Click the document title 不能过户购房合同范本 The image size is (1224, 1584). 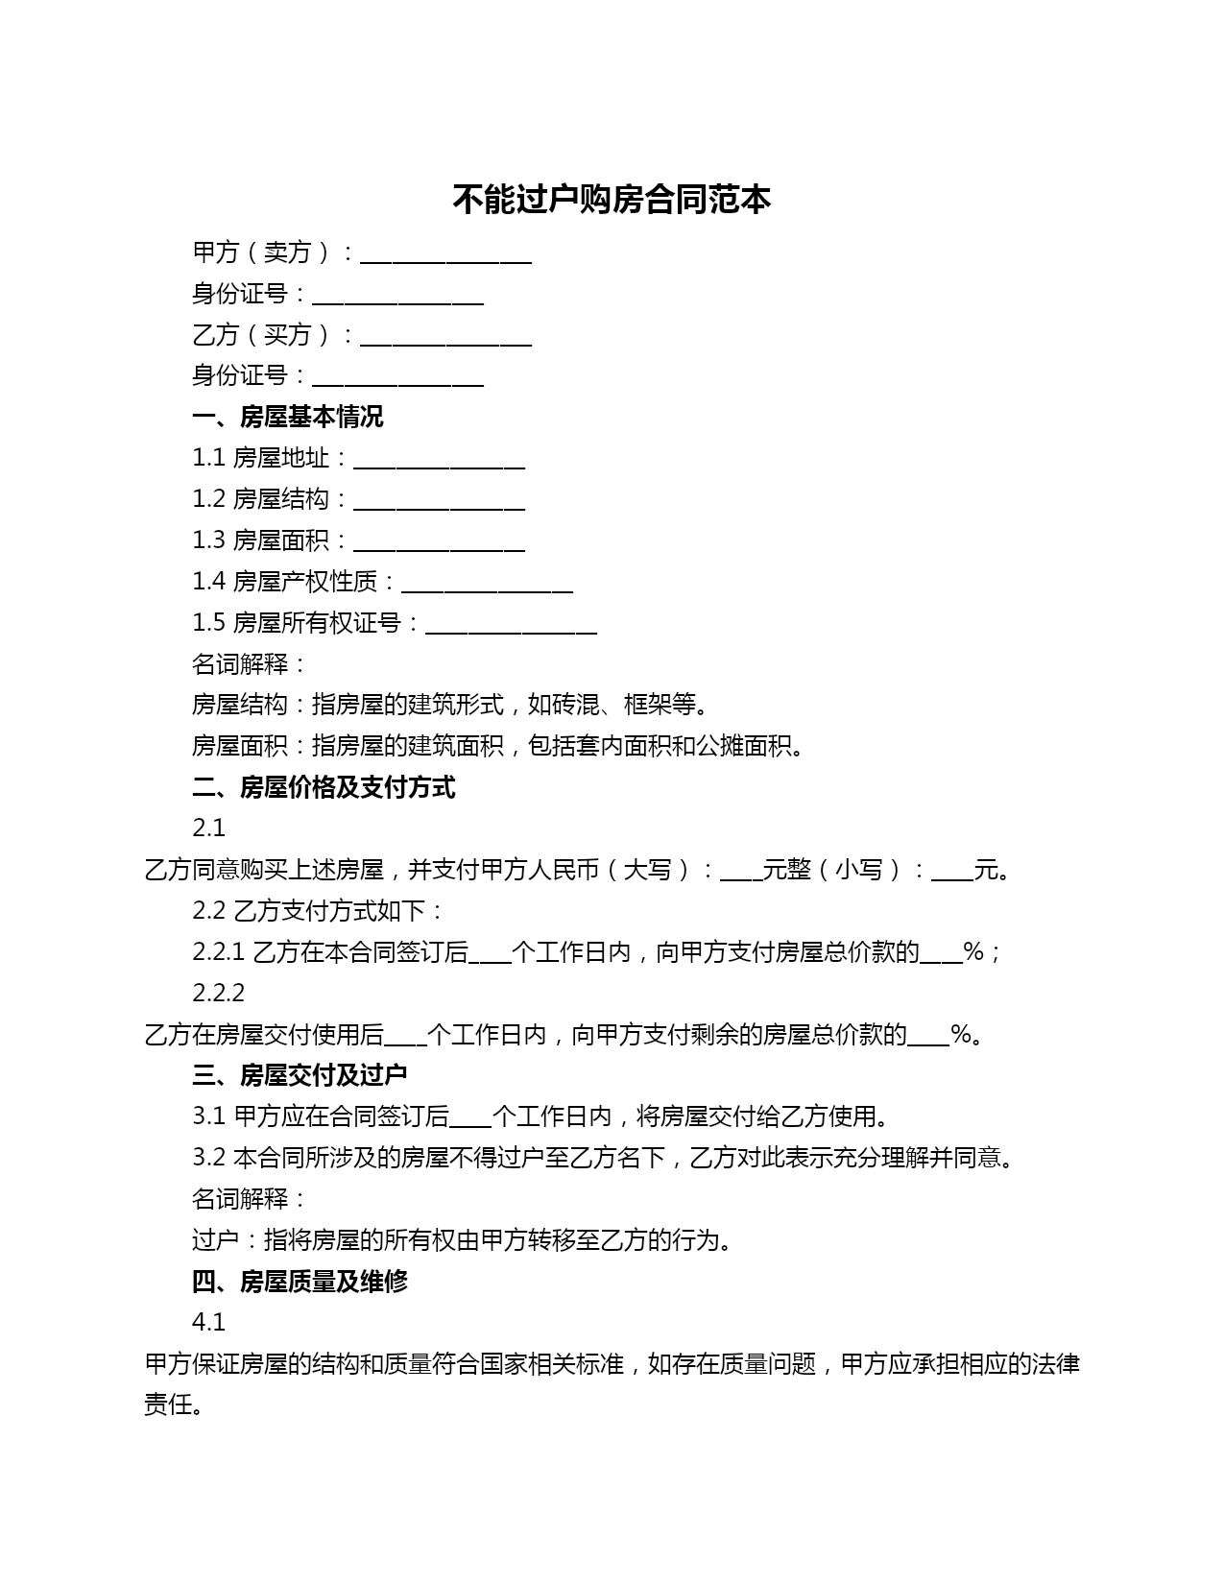pyautogui.click(x=612, y=200)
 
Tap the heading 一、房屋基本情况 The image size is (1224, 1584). pyautogui.click(x=288, y=417)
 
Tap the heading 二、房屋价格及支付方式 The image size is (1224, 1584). pyautogui.click(x=324, y=787)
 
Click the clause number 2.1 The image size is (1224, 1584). pyautogui.click(x=208, y=828)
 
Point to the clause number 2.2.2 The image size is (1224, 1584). pyautogui.click(x=218, y=993)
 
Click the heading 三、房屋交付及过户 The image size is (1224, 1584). pyautogui.click(x=300, y=1075)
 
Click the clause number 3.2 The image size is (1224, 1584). pyautogui.click(x=208, y=1158)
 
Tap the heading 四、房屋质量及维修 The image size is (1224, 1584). pyautogui.click(x=300, y=1282)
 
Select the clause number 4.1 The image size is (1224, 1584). pyautogui.click(x=208, y=1323)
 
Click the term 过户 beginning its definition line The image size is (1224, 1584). pyautogui.click(x=215, y=1240)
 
